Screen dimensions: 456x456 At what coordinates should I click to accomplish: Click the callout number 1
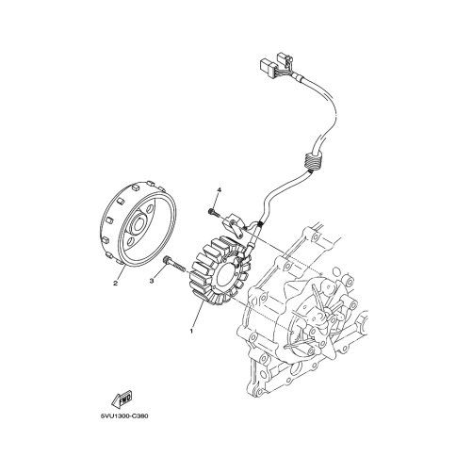pos(191,331)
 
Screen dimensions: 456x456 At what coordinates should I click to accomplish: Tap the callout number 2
pos(115,284)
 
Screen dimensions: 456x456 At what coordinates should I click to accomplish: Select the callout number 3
pos(152,282)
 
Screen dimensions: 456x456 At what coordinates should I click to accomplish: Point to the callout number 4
pos(220,190)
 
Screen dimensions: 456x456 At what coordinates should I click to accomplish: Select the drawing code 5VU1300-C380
pos(124,416)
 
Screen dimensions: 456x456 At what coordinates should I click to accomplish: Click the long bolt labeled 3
pos(174,265)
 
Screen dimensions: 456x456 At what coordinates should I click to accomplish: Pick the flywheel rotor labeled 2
pos(138,224)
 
